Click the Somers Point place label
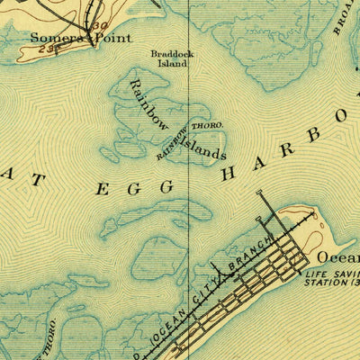(x=80, y=38)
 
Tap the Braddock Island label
(x=170, y=58)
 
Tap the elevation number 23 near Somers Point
(x=47, y=49)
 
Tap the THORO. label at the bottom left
(x=55, y=336)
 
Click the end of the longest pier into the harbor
(x=259, y=193)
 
